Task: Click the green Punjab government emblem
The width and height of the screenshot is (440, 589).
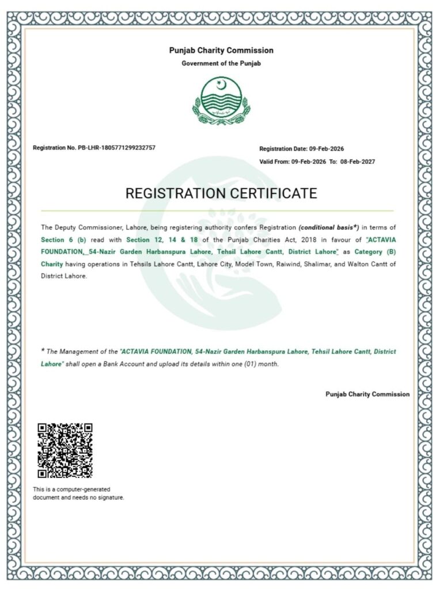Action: [221, 101]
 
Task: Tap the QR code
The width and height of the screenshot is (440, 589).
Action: [65, 451]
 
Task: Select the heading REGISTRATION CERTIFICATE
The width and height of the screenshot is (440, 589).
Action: [221, 193]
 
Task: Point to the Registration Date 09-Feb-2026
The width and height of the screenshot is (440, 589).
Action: [326, 148]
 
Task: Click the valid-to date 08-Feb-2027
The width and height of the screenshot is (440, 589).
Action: [357, 162]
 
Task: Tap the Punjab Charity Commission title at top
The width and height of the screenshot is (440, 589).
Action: [221, 51]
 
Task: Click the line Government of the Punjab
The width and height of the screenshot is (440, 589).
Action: [221, 63]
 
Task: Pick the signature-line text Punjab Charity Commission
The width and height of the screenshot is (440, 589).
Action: [367, 394]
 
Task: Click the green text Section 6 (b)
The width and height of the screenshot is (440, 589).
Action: [63, 240]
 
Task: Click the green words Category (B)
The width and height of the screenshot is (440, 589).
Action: [375, 253]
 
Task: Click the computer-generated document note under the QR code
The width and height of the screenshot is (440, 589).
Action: [78, 493]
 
